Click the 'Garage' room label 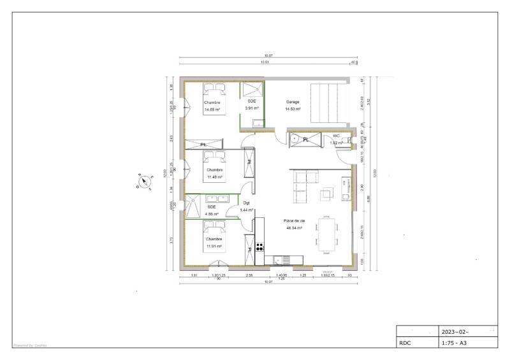293,102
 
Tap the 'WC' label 336,136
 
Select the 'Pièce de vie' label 293,220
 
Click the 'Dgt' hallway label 246,203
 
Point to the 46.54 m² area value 293,227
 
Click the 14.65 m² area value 212,110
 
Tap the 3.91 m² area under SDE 252,108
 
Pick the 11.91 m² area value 213,246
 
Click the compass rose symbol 145,182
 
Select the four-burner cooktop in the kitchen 260,245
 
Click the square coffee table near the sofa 327,193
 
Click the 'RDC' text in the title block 405,342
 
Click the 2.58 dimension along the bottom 249,275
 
